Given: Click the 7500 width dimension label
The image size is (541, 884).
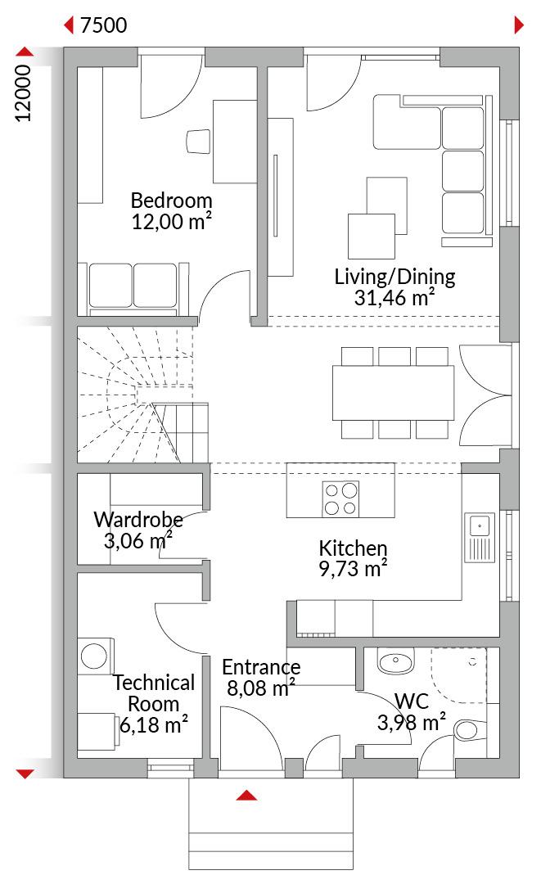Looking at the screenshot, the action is [x=104, y=25].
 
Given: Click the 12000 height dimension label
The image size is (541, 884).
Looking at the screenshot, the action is [x=23, y=93].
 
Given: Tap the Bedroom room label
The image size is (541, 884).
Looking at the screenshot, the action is [x=171, y=201].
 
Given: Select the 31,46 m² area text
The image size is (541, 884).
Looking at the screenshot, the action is [x=394, y=296].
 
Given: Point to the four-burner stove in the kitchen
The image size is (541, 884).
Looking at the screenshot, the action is [x=341, y=498].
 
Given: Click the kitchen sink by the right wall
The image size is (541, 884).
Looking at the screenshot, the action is [x=480, y=537].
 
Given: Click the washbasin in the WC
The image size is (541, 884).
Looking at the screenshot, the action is [x=395, y=661].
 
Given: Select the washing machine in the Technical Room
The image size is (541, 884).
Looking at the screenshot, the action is [x=95, y=656].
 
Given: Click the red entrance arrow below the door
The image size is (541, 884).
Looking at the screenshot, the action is [x=247, y=796].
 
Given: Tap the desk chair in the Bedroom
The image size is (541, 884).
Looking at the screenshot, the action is [x=198, y=141].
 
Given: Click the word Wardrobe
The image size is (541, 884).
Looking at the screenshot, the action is [x=138, y=519].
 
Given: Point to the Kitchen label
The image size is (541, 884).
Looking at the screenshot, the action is [x=354, y=548].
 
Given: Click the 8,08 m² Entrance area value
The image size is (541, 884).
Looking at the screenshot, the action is [x=261, y=688].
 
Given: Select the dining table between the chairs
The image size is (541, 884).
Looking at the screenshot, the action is [x=394, y=393].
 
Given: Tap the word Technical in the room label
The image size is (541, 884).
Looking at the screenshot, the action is [x=154, y=683].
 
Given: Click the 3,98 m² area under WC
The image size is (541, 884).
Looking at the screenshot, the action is [x=412, y=722].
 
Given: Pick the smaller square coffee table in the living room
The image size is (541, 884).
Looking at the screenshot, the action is [x=372, y=237].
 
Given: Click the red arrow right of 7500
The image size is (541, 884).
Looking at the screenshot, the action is [x=519, y=25].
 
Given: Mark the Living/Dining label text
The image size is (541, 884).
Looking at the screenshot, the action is [x=394, y=277].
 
